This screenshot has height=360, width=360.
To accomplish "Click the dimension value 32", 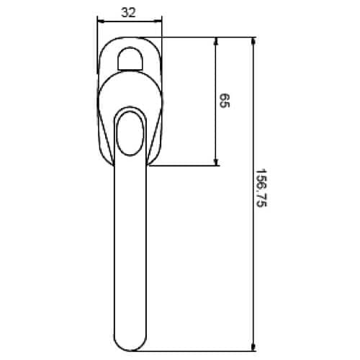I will [130, 12].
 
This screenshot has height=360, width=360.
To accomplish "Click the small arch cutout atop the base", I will [130, 57].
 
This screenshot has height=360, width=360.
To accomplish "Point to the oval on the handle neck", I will [130, 133].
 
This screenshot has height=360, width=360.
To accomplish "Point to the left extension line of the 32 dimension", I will [96, 43].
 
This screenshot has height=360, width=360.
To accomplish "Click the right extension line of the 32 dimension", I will [162, 43].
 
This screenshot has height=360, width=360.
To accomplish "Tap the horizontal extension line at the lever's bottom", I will [202, 348].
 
